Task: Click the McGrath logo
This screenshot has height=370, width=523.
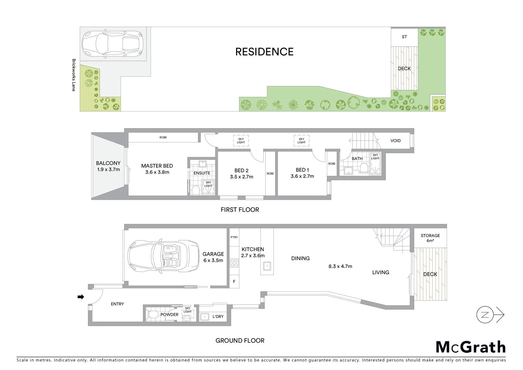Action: tap(471, 347)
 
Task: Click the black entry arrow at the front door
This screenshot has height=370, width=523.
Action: tap(81, 297)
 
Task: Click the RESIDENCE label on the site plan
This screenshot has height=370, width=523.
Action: tap(264, 52)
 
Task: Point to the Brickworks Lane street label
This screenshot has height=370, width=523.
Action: tap(74, 75)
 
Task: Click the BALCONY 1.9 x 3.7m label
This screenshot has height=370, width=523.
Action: tap(108, 166)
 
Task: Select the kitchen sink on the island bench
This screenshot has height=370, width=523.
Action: tap(267, 266)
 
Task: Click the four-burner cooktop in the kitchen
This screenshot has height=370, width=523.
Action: tap(234, 263)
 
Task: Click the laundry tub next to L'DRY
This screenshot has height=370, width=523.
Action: tap(205, 317)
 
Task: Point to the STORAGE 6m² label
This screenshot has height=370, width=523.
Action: tap(430, 238)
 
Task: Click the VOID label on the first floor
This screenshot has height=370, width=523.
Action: tap(395, 140)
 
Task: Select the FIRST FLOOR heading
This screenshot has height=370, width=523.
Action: tap(240, 210)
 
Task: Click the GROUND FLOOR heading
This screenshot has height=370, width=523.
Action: tap(240, 341)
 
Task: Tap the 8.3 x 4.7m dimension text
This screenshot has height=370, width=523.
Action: tap(340, 266)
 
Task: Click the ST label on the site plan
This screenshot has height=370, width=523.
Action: tap(404, 37)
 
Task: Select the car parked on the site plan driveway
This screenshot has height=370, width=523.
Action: tap(112, 44)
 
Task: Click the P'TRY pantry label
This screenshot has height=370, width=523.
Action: tap(234, 237)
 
